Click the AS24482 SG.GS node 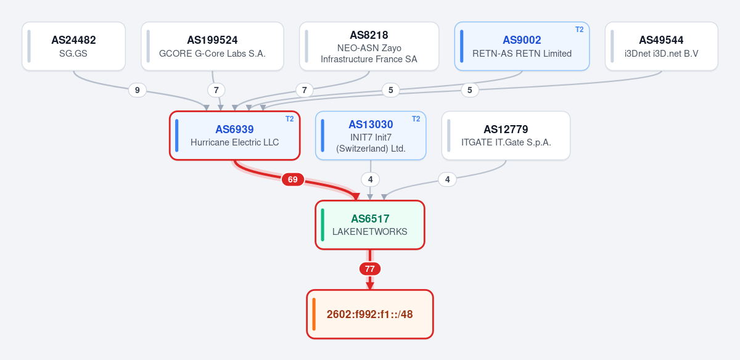click(73, 46)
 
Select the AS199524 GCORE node click(212, 46)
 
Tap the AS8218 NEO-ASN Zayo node click(369, 46)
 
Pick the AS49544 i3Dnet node click(661, 46)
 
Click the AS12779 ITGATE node click(506, 136)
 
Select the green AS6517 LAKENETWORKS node click(369, 225)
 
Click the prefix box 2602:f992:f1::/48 click(369, 314)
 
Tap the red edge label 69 click(293, 179)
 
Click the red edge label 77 click(369, 269)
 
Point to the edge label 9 click(137, 90)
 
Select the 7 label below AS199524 click(216, 90)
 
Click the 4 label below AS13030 click(371, 179)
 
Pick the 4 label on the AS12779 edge click(447, 179)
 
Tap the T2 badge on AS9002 click(580, 30)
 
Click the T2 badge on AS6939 click(290, 119)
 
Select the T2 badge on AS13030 click(416, 119)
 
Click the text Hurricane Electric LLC click(234, 142)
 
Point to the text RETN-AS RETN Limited click(522, 54)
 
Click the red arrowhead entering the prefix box click(369, 286)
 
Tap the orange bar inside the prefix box click(314, 314)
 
